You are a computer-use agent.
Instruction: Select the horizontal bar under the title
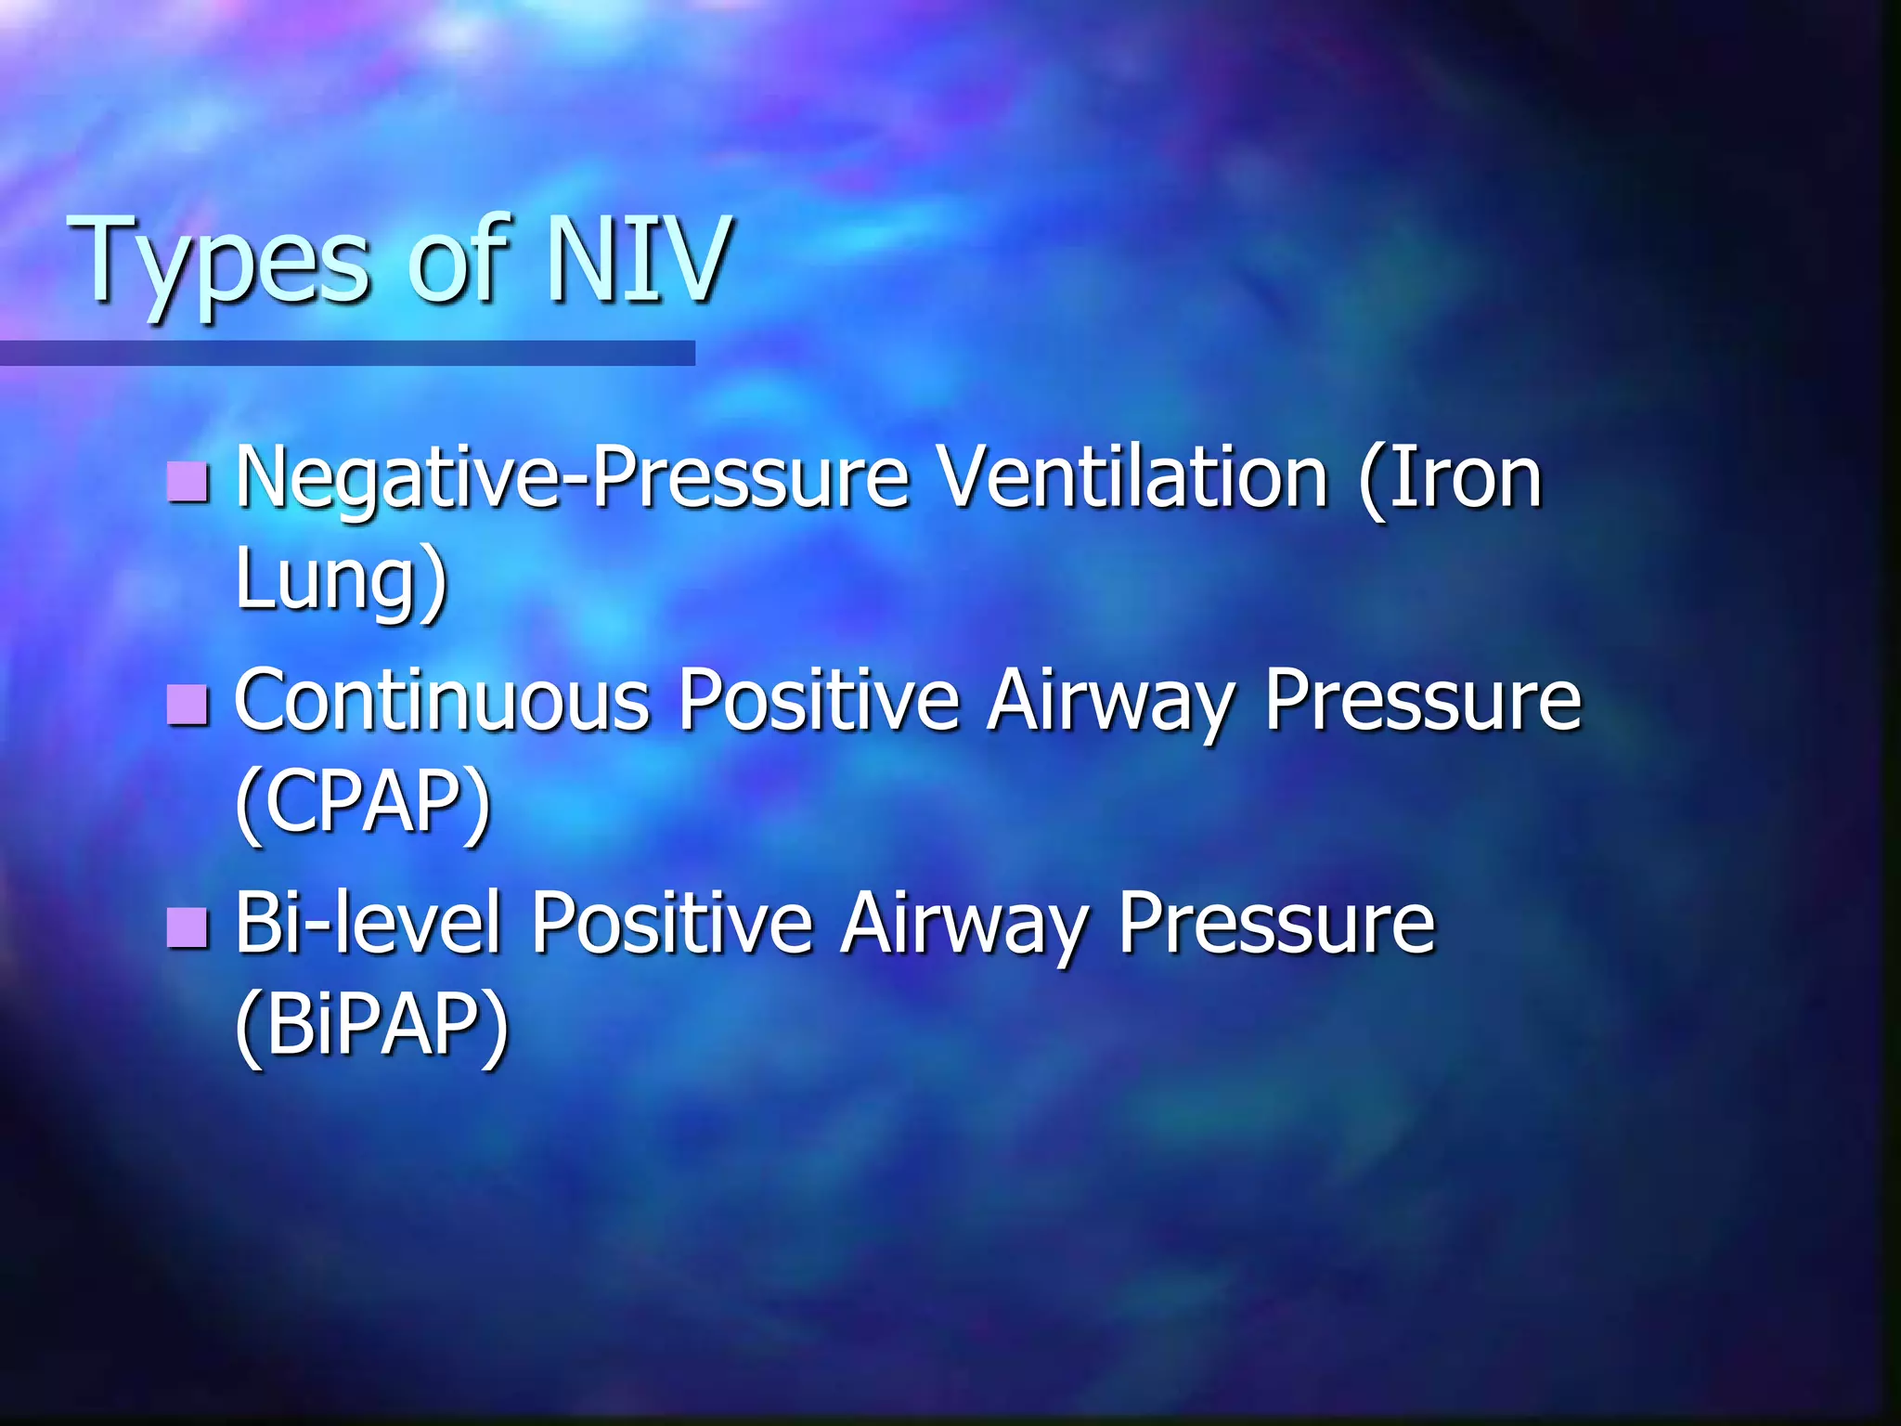tap(347, 353)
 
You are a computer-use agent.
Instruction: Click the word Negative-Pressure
tap(572, 479)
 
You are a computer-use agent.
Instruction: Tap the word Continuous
tap(442, 702)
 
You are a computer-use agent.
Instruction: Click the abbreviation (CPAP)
tap(362, 802)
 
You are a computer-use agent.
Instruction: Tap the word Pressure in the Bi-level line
tap(1275, 924)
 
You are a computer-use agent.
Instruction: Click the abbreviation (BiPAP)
tap(371, 1025)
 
